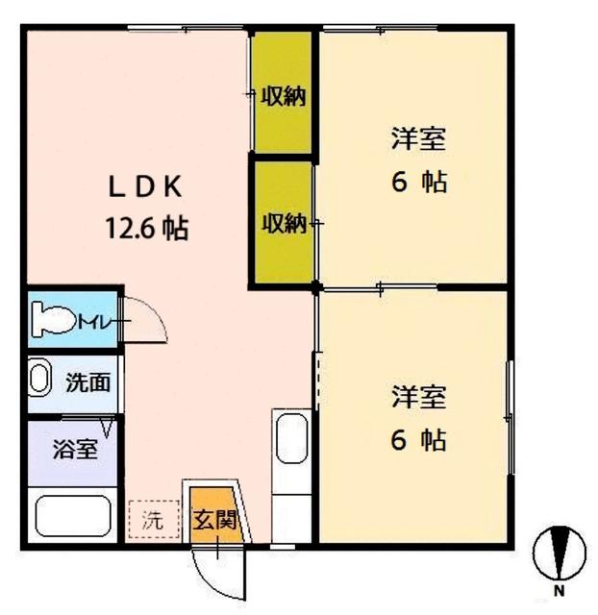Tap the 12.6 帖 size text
coord(146,229)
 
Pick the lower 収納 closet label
coord(284,224)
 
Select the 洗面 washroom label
coord(87,381)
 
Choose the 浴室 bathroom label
coord(74,449)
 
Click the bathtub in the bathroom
coord(75,517)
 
